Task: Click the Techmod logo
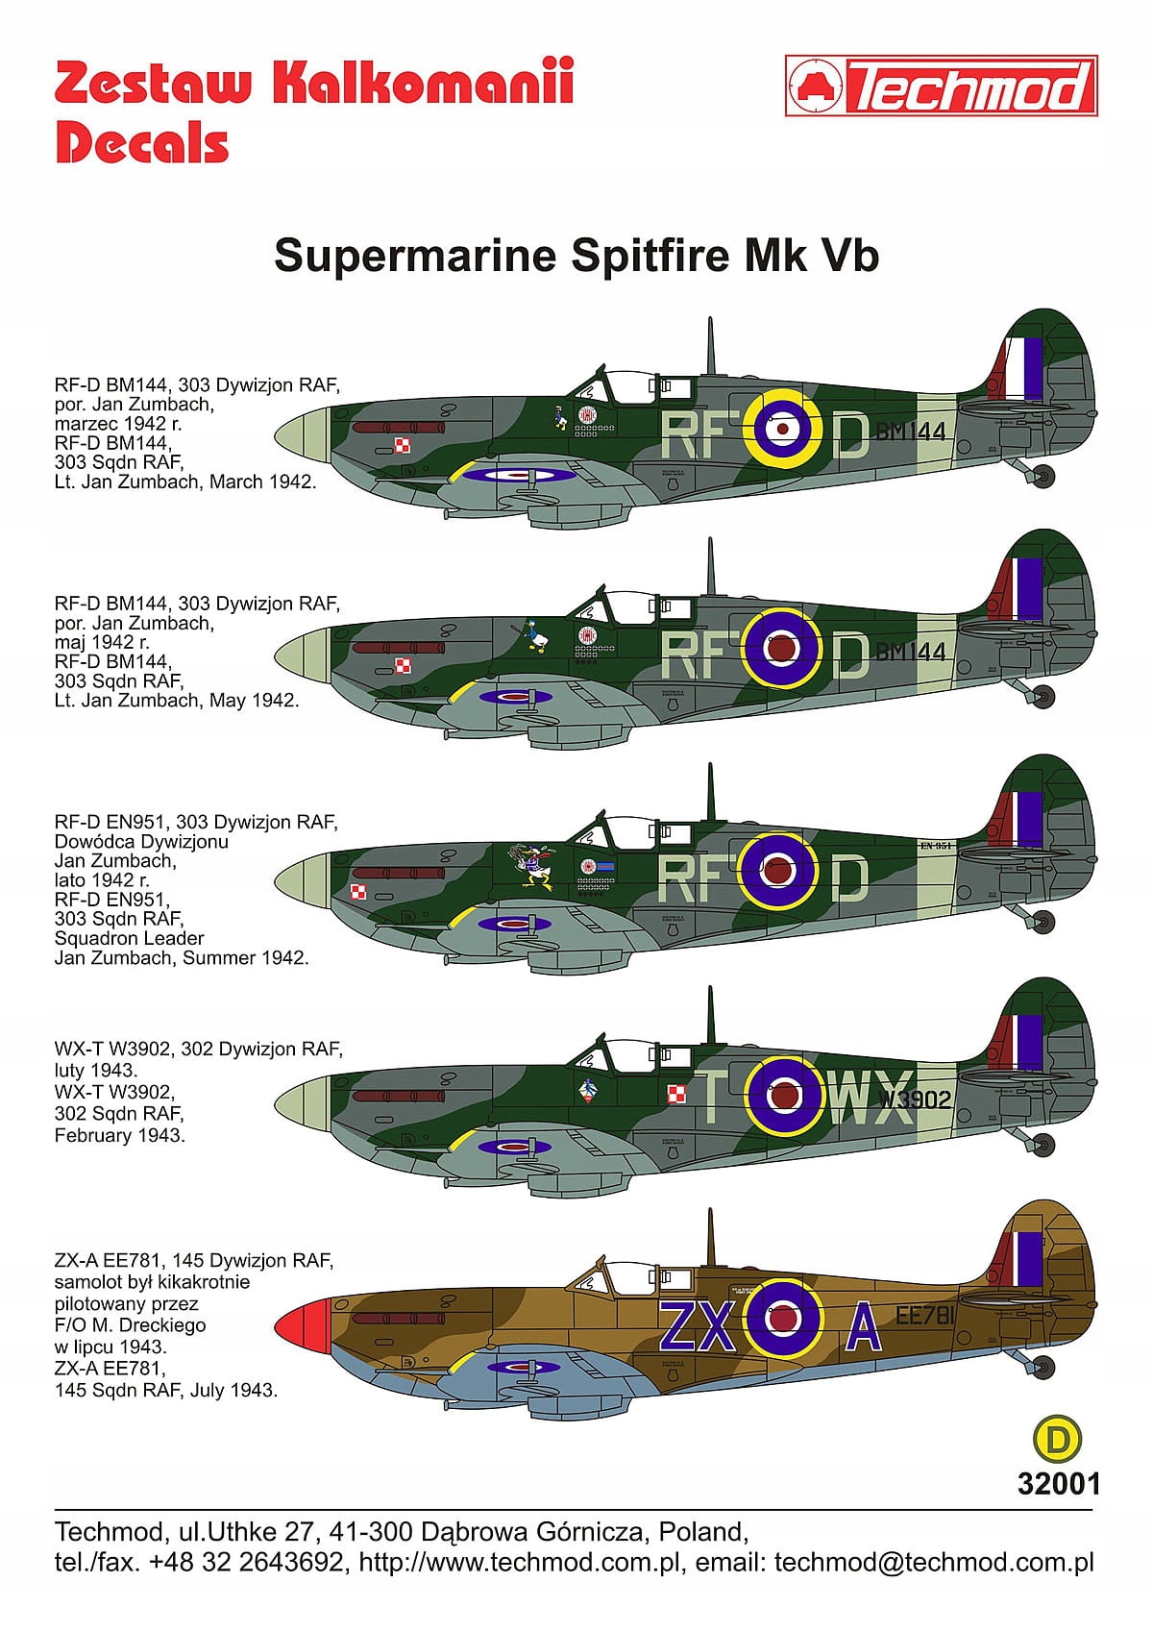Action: [x=941, y=87]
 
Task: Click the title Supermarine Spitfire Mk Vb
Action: [x=576, y=256]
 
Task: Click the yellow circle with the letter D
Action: [x=1056, y=1439]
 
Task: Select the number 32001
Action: [x=1058, y=1483]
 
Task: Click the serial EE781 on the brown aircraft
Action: [x=924, y=1317]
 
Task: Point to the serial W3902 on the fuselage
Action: [x=914, y=1100]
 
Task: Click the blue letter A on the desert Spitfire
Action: [x=863, y=1329]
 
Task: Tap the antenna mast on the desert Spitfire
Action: [x=711, y=1236]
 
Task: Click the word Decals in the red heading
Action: [x=142, y=143]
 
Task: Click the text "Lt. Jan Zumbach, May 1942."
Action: [x=177, y=701]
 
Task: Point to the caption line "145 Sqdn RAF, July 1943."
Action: [x=165, y=1390]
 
